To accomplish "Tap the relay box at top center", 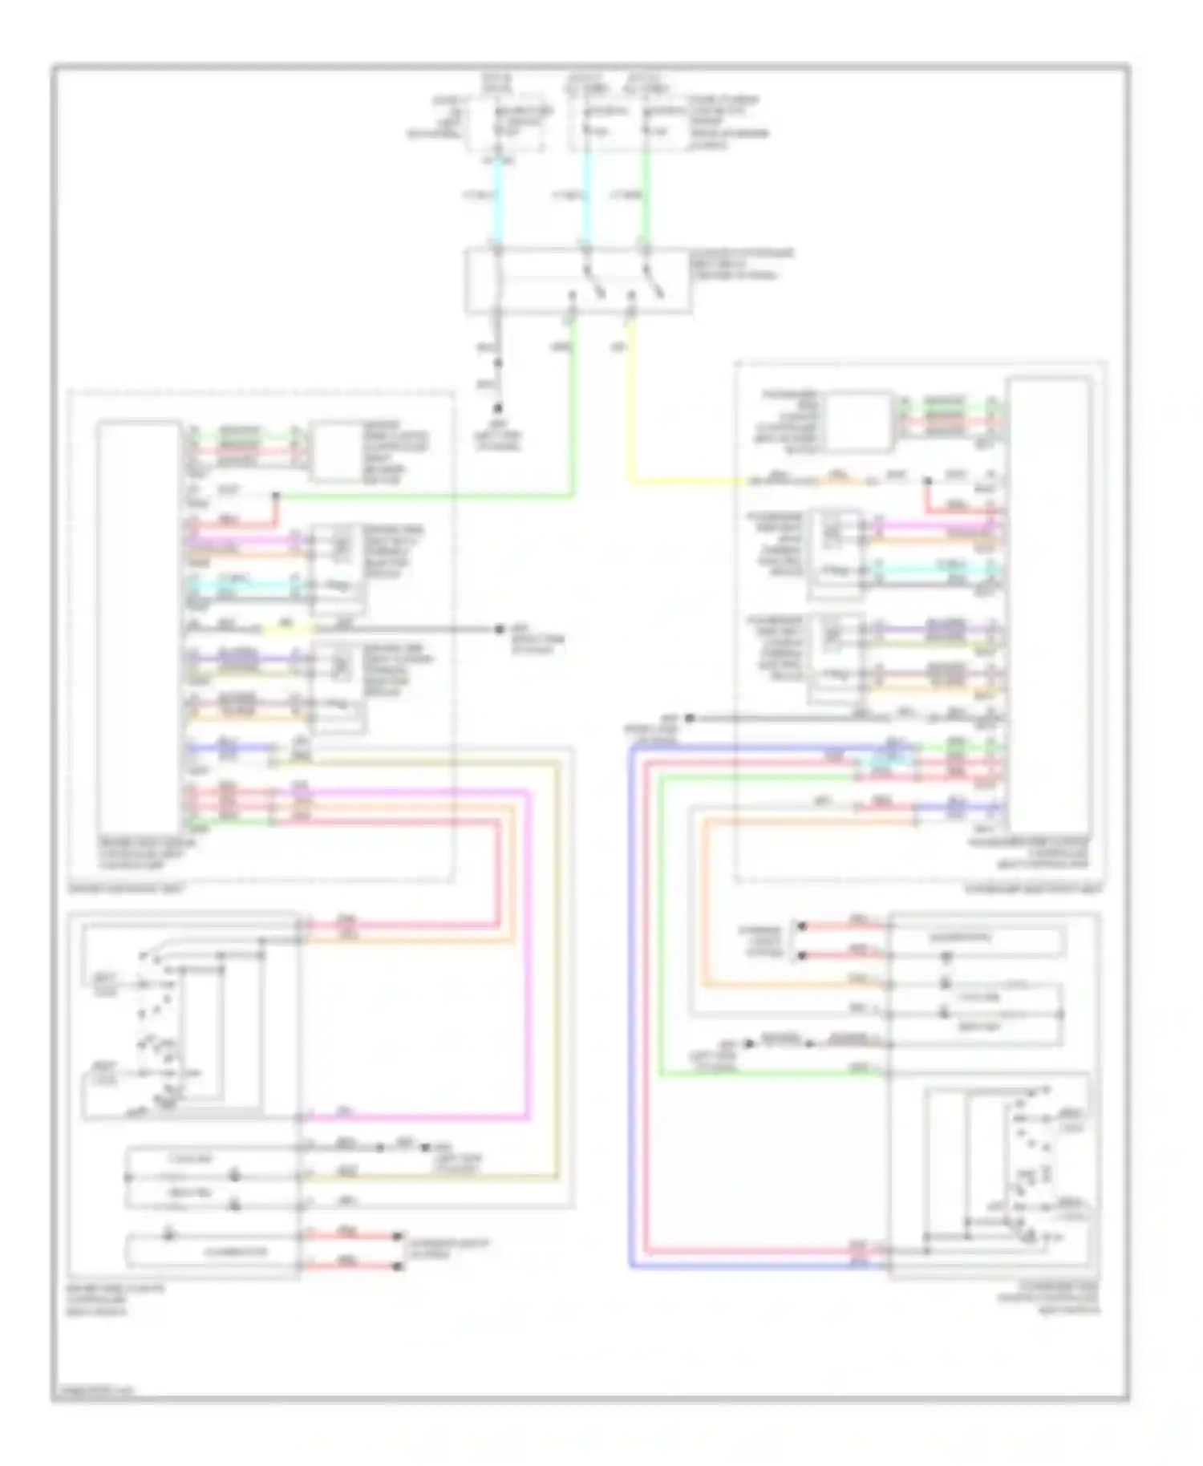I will point(577,281).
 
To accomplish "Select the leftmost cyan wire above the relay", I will point(498,200).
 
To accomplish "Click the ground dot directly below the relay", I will point(497,407).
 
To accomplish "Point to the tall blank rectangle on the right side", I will point(1049,605).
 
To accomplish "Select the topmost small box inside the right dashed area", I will point(859,421).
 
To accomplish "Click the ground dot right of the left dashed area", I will point(499,630).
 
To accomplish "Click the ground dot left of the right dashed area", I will point(691,718).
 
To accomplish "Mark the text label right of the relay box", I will point(742,264).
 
